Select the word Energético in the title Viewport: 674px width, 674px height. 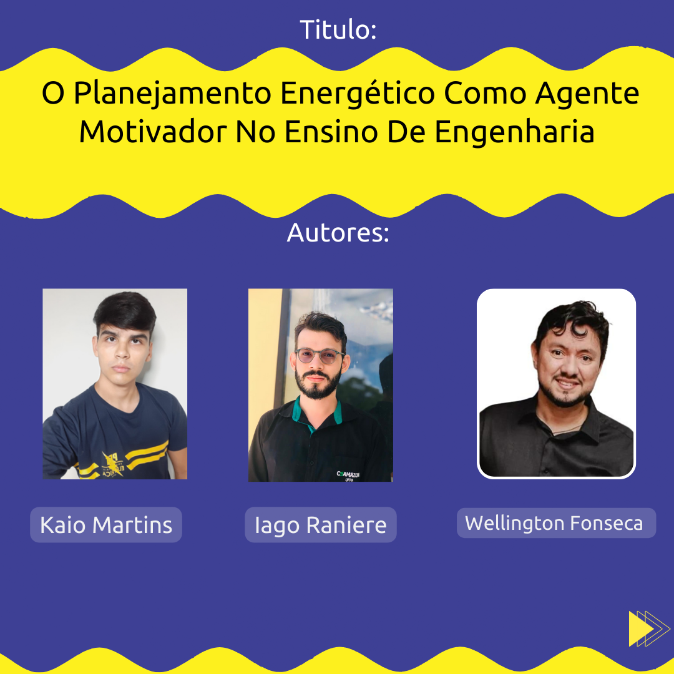point(358,93)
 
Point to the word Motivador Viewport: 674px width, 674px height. point(153,132)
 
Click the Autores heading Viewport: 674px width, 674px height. point(338,233)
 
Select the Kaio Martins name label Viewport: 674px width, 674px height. point(106,525)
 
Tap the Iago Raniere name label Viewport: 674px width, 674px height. point(321,525)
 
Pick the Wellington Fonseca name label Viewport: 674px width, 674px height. point(556,523)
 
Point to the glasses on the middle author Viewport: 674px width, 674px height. point(320,356)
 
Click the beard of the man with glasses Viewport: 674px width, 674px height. point(318,384)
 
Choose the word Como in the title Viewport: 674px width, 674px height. point(485,93)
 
